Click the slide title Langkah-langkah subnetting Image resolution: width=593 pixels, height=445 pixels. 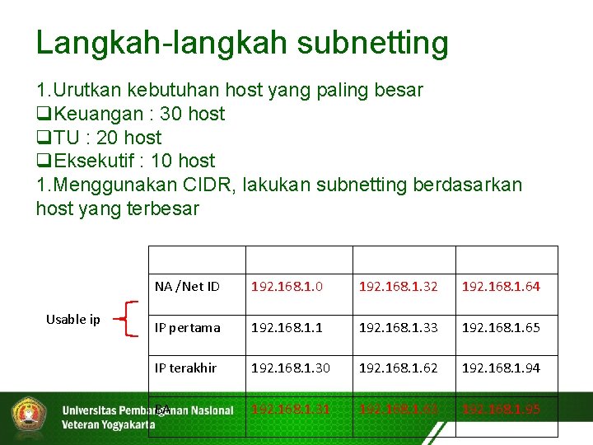coord(242,43)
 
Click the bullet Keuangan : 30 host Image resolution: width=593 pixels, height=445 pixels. coord(131,114)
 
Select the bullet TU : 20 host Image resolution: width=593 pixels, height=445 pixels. coord(99,138)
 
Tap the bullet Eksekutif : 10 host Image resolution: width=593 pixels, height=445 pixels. coord(126,161)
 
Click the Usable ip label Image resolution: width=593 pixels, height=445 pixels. coord(72,320)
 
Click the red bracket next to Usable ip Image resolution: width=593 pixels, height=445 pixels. coord(124,319)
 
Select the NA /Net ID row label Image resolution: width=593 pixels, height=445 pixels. coord(187,287)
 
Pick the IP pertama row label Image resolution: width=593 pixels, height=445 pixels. coord(188,327)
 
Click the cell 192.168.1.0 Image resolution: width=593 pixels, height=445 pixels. coord(287,287)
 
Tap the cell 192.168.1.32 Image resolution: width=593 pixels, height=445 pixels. coord(398,287)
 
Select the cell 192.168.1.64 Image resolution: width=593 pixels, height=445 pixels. coord(501,287)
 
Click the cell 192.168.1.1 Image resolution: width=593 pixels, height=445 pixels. coord(287,327)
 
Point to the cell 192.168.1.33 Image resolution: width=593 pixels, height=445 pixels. coord(398,327)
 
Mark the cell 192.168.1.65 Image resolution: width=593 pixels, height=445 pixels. coord(501,327)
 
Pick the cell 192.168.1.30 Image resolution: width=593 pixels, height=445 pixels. coord(290,368)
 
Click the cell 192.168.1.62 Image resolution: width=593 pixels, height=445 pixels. coord(398,368)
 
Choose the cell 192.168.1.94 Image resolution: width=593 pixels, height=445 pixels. coord(501,368)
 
